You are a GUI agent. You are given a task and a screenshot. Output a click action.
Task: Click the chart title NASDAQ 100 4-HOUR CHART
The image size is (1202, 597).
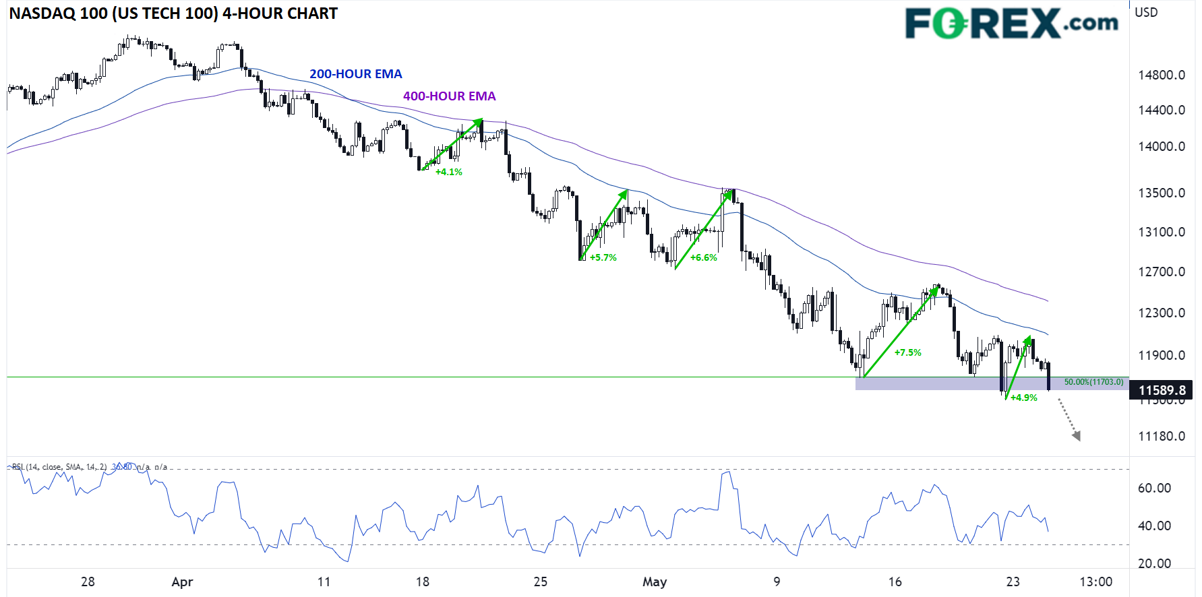click(173, 13)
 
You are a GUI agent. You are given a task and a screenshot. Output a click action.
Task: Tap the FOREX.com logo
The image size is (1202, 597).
click(1011, 24)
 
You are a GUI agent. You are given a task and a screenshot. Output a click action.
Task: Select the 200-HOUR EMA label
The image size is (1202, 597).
click(355, 74)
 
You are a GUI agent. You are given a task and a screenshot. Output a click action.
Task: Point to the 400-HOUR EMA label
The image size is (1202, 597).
click(449, 96)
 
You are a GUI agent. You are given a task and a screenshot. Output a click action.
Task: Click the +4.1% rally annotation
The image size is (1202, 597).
click(448, 172)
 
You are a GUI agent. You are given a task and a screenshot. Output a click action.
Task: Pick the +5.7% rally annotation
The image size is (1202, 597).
click(603, 257)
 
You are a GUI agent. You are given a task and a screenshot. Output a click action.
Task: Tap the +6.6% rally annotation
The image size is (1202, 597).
click(703, 257)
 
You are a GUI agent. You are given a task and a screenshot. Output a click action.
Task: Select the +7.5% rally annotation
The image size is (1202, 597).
click(907, 352)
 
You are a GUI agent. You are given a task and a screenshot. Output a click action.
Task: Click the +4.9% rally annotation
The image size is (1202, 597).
click(1023, 398)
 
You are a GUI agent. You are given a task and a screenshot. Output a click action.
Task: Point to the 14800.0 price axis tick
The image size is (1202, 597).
click(1161, 75)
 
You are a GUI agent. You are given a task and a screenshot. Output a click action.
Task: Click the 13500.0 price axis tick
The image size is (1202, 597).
click(1161, 193)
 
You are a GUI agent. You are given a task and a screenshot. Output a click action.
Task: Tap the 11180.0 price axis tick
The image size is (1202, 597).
click(1161, 436)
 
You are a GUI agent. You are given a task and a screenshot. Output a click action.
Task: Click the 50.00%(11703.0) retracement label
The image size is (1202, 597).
click(1093, 382)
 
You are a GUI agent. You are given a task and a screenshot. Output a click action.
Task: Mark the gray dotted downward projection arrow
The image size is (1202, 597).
click(1069, 420)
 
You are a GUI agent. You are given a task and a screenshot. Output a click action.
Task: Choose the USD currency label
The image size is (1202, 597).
click(1146, 12)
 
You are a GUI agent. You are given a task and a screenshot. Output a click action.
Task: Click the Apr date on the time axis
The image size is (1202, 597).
click(182, 582)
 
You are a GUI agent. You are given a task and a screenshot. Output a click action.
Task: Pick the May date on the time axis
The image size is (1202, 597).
click(654, 582)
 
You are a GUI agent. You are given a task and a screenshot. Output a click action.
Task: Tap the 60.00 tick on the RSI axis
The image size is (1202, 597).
click(1154, 488)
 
